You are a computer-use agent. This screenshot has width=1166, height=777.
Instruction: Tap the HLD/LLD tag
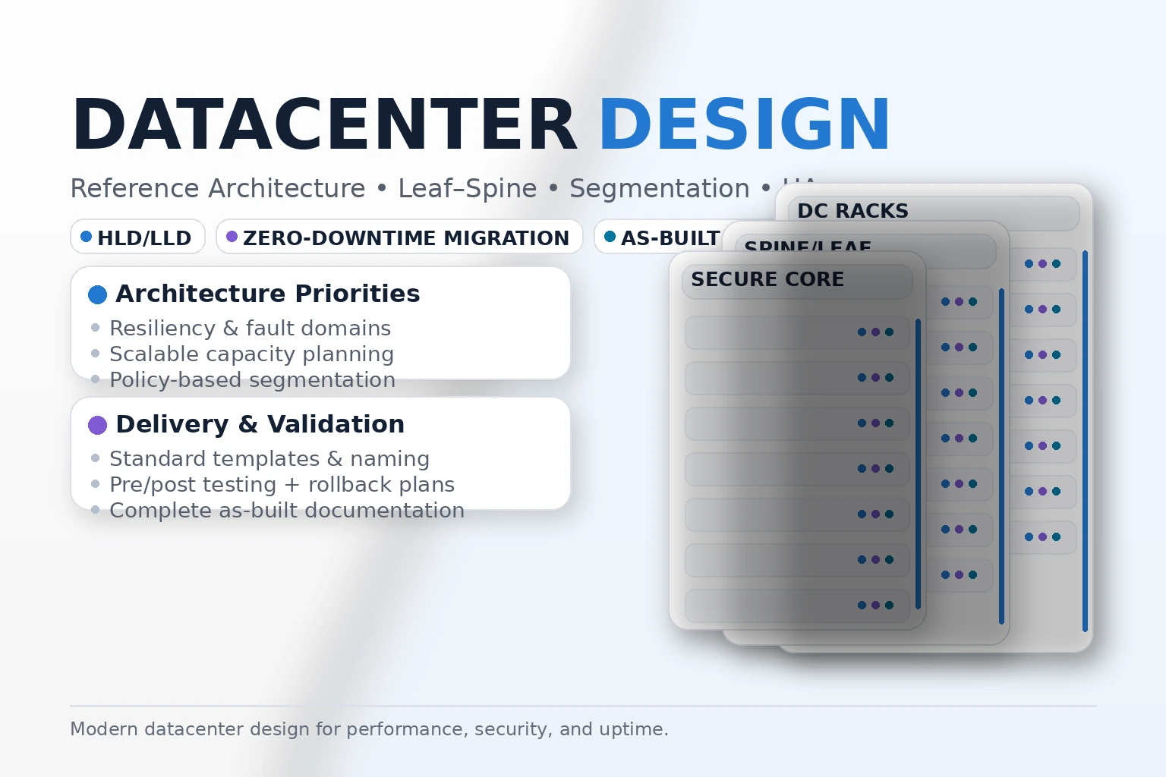[137, 238]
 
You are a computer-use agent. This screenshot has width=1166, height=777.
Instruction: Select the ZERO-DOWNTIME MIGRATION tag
[399, 238]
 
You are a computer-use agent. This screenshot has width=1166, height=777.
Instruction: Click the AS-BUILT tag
[660, 238]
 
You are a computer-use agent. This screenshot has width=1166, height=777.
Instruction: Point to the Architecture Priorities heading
[267, 294]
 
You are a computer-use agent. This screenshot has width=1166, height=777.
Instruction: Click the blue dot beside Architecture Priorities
[97, 294]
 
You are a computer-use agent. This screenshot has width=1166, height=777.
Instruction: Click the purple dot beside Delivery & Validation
[97, 425]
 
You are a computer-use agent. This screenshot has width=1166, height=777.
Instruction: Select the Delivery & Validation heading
[260, 424]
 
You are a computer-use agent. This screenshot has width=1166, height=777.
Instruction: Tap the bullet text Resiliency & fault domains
[250, 329]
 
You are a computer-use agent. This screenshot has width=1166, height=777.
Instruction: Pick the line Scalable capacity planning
[251, 354]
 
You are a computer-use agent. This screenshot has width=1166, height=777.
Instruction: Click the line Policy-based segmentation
[252, 380]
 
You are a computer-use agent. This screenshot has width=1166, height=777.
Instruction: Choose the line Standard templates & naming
[269, 459]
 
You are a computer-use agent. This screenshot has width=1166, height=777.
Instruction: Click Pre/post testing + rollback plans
[282, 485]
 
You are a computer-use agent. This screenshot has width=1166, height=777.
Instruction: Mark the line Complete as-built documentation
[286, 511]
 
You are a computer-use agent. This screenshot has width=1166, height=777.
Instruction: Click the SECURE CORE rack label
[767, 279]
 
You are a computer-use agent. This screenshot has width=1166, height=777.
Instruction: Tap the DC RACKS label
[852, 211]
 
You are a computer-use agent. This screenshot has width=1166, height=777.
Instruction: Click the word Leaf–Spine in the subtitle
[467, 188]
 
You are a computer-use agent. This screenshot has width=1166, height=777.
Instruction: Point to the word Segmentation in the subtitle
[659, 188]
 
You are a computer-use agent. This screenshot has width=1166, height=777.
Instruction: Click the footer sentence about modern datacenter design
[369, 729]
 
